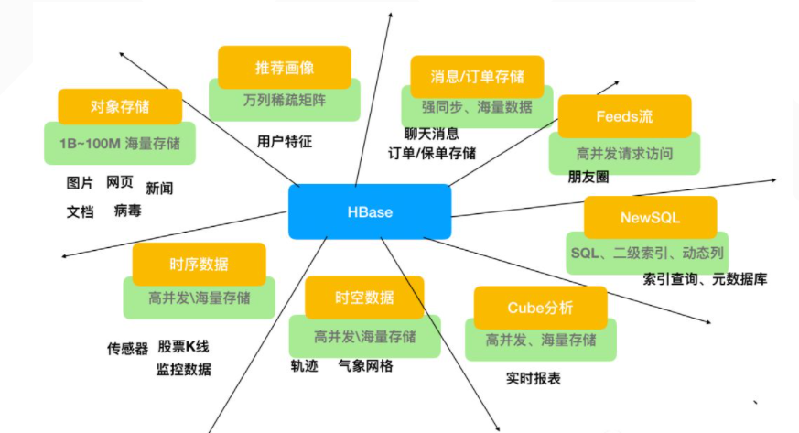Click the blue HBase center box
coord(370,211)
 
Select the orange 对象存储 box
coord(119,107)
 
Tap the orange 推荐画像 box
coord(285,68)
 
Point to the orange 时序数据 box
coord(199,265)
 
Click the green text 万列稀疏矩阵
coord(284,99)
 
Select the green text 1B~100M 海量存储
coord(119,143)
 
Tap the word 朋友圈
coord(588,178)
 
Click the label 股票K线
coord(183,347)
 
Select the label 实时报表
coord(534,378)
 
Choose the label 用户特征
coord(285,142)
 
